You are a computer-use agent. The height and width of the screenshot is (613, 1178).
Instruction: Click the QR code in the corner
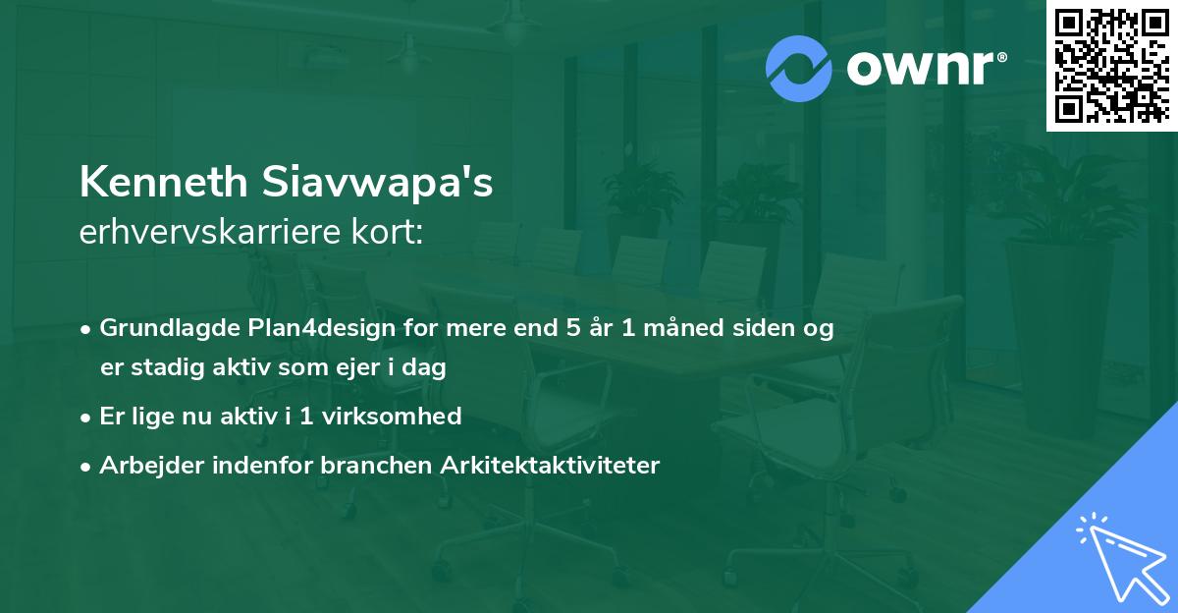pyautogui.click(x=1112, y=66)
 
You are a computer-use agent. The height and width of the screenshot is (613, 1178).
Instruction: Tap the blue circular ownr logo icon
pyautogui.click(x=799, y=69)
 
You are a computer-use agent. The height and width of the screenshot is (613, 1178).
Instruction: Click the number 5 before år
pyautogui.click(x=573, y=328)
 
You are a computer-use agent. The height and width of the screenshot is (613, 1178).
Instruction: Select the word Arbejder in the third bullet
pyautogui.click(x=143, y=465)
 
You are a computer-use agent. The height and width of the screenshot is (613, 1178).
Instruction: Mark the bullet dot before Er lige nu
pyautogui.click(x=87, y=417)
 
